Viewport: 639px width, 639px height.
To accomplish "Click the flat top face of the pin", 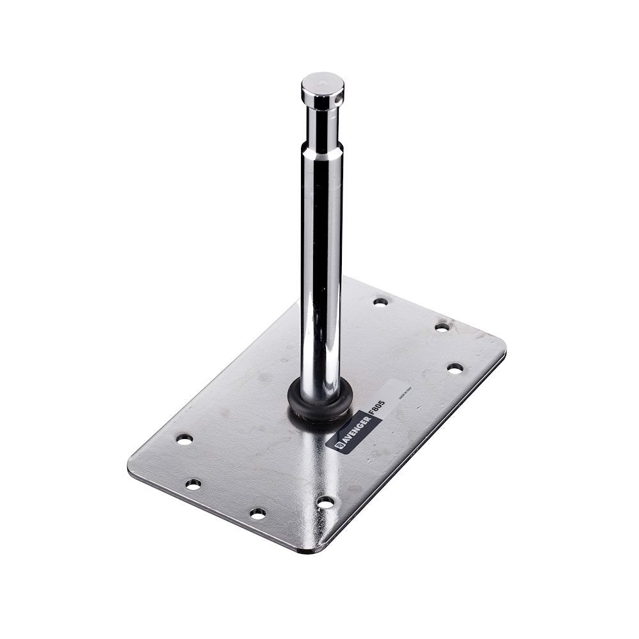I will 323,82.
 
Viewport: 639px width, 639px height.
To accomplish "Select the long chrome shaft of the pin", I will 321,268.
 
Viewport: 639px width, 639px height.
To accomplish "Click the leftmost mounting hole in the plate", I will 184,439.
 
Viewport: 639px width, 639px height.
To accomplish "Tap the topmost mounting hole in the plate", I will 380,301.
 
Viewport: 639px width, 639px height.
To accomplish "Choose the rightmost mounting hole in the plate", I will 455,368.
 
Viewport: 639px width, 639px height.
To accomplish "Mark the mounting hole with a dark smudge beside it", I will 442,327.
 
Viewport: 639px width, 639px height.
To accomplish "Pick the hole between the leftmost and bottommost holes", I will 193,484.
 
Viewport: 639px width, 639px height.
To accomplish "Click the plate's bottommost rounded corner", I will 313,550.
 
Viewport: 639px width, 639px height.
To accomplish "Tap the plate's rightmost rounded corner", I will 503,348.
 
